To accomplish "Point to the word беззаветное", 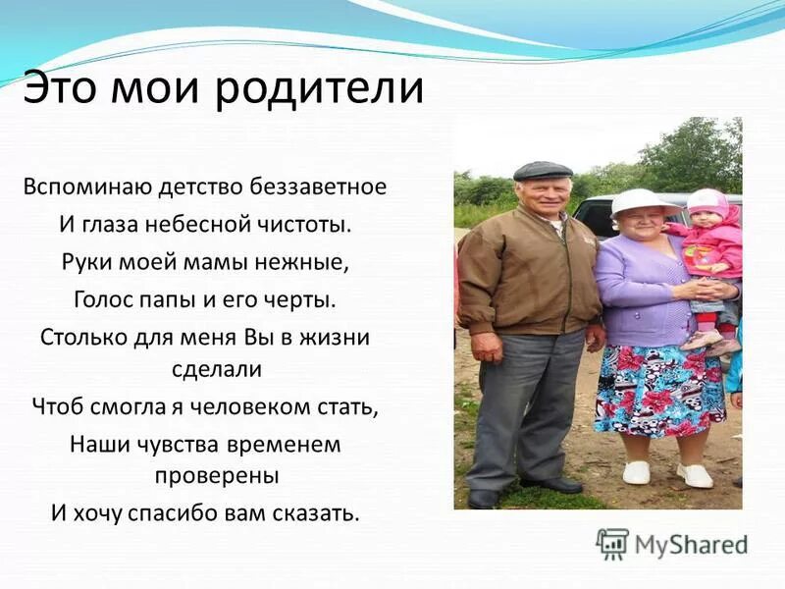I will point(318,187).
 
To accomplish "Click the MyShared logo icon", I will point(612,544).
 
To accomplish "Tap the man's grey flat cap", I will point(543,171).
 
